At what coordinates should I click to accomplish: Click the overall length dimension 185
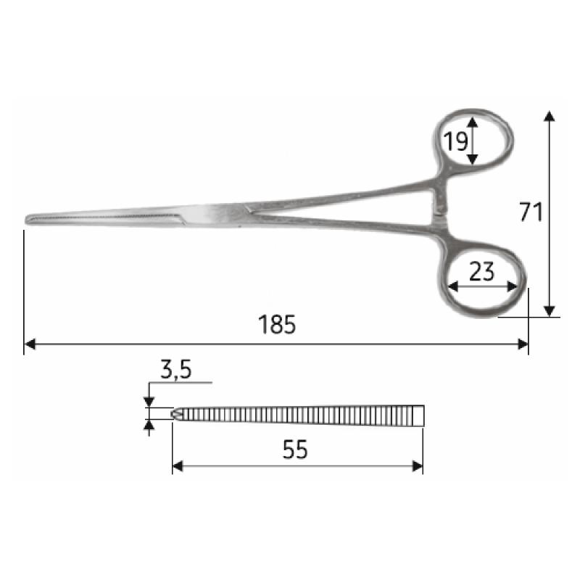click(277, 324)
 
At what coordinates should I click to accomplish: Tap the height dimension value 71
click(531, 212)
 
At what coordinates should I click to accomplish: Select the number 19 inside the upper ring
click(456, 141)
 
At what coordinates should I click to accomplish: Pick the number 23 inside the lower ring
click(481, 271)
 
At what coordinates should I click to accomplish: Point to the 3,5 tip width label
click(176, 370)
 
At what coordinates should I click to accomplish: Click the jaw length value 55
click(295, 449)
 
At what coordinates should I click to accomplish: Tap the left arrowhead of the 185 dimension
click(30, 344)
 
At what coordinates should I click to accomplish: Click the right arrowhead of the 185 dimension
click(523, 344)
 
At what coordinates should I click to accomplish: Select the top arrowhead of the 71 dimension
click(550, 116)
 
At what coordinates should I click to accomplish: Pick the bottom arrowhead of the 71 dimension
click(550, 312)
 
